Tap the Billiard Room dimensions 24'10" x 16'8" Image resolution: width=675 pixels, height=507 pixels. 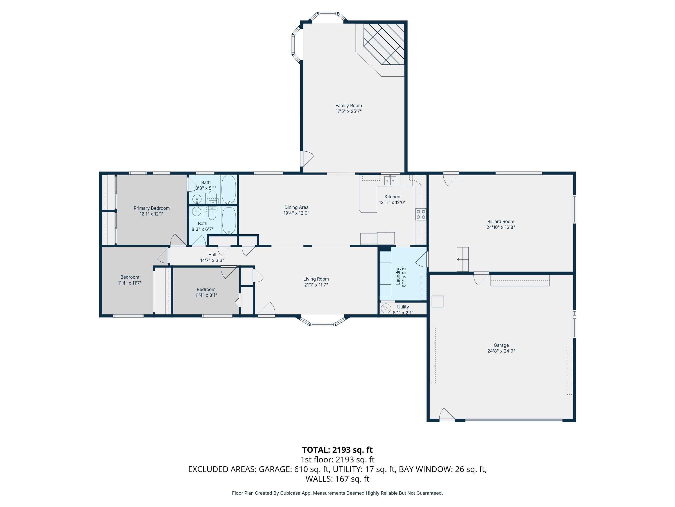(x=501, y=227)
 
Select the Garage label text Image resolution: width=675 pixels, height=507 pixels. (x=501, y=345)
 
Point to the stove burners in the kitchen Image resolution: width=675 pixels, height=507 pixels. (x=421, y=214)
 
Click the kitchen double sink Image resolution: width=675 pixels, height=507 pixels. (x=390, y=181)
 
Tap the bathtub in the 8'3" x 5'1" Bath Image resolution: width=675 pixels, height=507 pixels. (x=229, y=189)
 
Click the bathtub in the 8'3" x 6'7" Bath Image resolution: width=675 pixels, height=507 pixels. (x=229, y=221)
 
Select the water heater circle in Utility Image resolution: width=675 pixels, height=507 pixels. (x=386, y=308)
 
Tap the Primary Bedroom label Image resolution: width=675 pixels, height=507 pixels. (x=152, y=208)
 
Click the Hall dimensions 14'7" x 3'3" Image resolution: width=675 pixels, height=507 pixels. (x=212, y=260)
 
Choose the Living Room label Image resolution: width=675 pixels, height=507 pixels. (x=316, y=279)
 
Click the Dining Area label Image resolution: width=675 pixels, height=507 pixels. (x=296, y=208)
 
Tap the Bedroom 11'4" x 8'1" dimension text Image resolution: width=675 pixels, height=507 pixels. (x=206, y=295)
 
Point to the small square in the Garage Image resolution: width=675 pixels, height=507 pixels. (x=437, y=301)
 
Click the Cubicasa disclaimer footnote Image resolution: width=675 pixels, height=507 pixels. (x=337, y=493)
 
